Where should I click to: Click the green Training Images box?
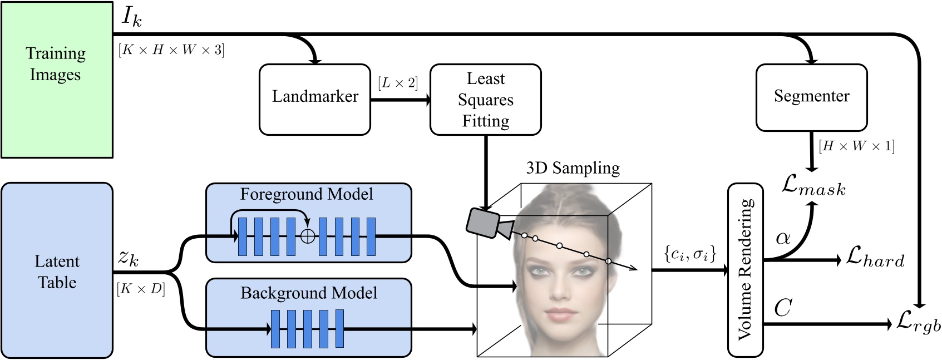click(56, 80)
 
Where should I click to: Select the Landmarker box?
click(315, 99)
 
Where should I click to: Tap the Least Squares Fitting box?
click(486, 100)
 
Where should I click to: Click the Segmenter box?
click(811, 96)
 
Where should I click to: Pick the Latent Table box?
click(57, 271)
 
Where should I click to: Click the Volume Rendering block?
click(746, 270)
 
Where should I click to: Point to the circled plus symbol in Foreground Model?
click(307, 236)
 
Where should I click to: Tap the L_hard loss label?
click(875, 258)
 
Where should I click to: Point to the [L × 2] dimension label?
click(397, 83)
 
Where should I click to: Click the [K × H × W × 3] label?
click(171, 50)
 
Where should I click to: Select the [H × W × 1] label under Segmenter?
click(856, 146)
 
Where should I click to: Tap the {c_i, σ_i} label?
click(689, 254)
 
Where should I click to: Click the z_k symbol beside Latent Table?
click(129, 258)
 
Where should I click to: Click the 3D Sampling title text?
click(573, 168)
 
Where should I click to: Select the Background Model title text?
click(308, 293)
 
